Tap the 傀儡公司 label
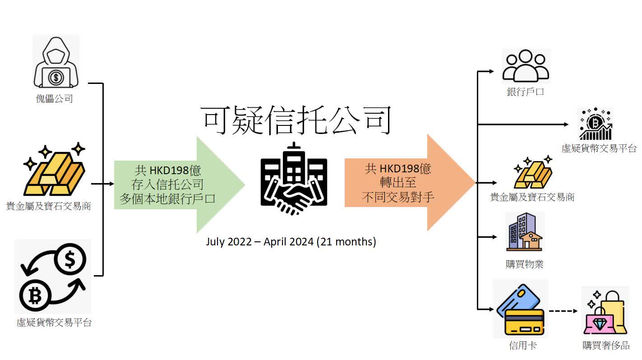pyautogui.click(x=55, y=99)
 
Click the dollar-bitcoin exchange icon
pyautogui.click(x=53, y=277)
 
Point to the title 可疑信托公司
pyautogui.click(x=296, y=120)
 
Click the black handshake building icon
pyautogui.click(x=294, y=179)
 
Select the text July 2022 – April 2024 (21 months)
pyautogui.click(x=291, y=242)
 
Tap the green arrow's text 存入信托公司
pyautogui.click(x=167, y=185)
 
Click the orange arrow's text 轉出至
pyautogui.click(x=398, y=182)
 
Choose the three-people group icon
pyautogui.click(x=526, y=65)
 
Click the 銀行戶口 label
pyautogui.click(x=525, y=92)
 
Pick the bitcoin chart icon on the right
pyautogui.click(x=596, y=124)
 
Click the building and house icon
pyautogui.click(x=524, y=232)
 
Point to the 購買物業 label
pyautogui.click(x=525, y=264)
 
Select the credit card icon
pyautogui.click(x=520, y=309)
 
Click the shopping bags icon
pyautogui.click(x=605, y=312)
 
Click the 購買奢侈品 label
pyautogui.click(x=606, y=346)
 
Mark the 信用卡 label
pyautogui.click(x=522, y=346)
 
